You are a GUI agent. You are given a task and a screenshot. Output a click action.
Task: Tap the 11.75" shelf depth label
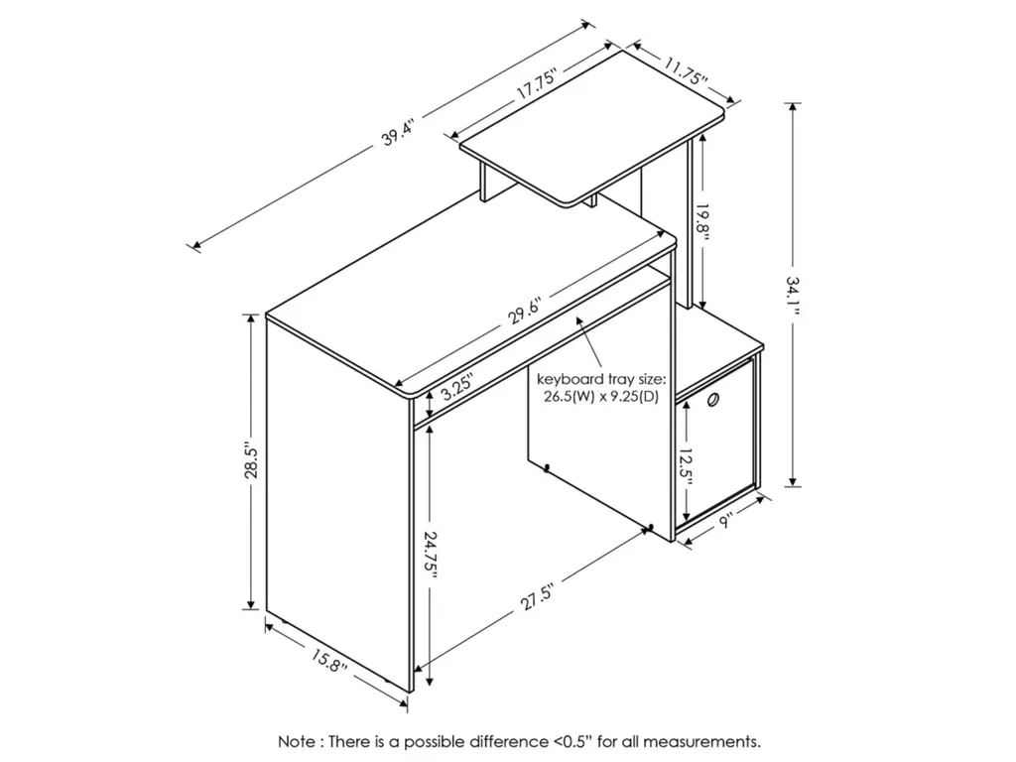click(685, 71)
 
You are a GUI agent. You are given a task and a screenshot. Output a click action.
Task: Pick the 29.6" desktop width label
click(524, 310)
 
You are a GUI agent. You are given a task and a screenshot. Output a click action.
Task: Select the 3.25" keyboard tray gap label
click(456, 390)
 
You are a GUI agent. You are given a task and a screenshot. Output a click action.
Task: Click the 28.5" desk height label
click(251, 460)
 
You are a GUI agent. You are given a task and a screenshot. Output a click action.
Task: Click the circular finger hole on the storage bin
click(712, 401)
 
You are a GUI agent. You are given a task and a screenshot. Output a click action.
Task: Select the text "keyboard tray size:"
click(601, 379)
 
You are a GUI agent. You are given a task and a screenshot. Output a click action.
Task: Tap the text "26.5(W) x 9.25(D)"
click(601, 397)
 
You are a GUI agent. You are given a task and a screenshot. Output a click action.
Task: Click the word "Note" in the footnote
click(298, 740)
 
